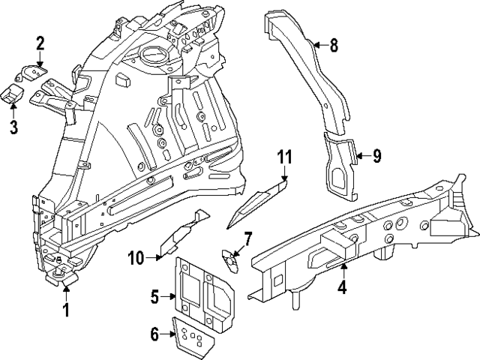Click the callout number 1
(66, 309)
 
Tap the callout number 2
(40, 43)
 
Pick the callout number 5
(155, 297)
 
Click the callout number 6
(155, 334)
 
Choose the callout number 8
(334, 46)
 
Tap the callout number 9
(376, 156)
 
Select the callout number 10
(136, 259)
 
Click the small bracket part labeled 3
(13, 94)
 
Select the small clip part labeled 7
(229, 256)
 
